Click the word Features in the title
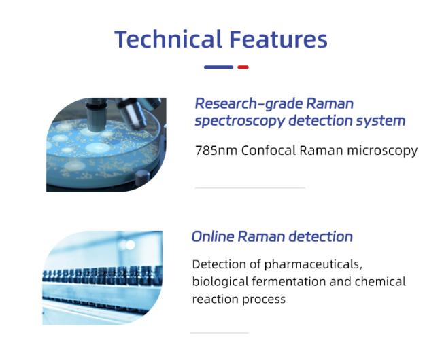(x=279, y=39)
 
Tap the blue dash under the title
(x=218, y=67)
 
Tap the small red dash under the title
(x=243, y=67)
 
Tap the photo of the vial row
(x=102, y=278)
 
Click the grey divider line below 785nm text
(x=250, y=187)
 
